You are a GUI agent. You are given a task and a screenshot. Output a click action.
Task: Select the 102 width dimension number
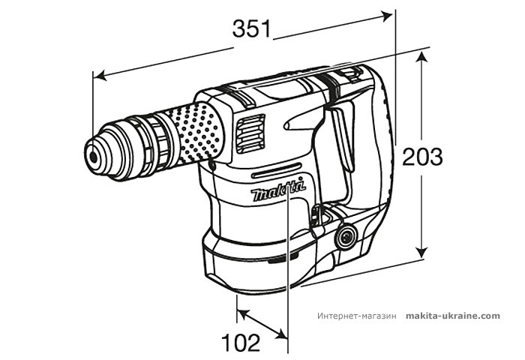coord(241,342)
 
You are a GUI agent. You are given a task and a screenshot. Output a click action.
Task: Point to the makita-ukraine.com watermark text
coord(452,316)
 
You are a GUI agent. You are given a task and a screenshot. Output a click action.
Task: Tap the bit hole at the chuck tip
coord(93,156)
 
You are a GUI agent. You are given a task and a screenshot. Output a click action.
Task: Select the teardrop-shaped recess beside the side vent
coord(300,123)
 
